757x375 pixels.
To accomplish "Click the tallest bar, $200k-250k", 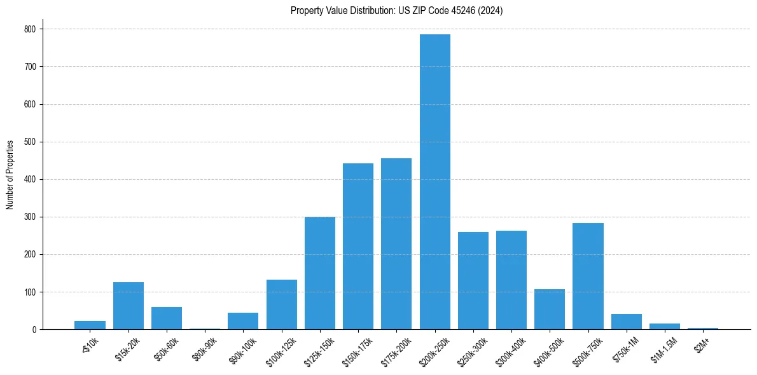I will coord(435,182).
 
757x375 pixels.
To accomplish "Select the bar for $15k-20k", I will coord(128,306).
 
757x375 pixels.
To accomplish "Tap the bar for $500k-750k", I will coord(588,276).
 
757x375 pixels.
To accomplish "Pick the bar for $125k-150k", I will coord(320,273).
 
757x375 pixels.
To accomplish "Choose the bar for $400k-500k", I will coord(550,310).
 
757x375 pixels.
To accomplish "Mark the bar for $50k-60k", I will coord(167,318).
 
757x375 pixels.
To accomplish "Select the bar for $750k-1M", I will coord(627,322).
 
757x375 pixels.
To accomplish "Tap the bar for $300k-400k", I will coord(511,280).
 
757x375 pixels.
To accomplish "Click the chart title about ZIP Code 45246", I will coord(396,11).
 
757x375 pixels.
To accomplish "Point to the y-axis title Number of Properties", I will coord(10,175).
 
